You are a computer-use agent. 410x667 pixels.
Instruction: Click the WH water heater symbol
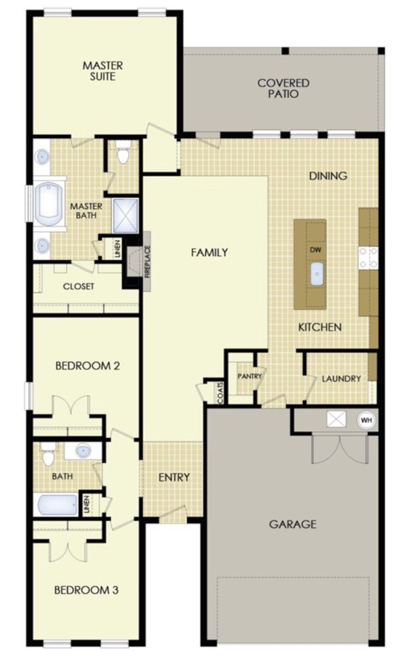pos(366,420)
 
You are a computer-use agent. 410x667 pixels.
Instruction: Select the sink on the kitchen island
pos(317,273)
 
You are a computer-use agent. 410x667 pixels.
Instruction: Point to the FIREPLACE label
pos(147,262)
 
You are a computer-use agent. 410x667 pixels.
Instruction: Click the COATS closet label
pos(220,393)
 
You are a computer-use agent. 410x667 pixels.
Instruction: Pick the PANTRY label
pos(249,376)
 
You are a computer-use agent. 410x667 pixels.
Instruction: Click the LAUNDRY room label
pos(341,379)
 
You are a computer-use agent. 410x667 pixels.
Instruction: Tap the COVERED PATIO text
pos(283,88)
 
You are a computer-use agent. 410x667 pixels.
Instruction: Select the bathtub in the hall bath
pos(56,505)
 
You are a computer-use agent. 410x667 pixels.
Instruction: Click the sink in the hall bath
pos(83,451)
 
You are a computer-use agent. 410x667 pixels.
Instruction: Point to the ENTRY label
pos(174,477)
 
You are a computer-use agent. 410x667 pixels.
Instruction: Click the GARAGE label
pos(292,524)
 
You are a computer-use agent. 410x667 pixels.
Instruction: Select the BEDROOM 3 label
pos(86,590)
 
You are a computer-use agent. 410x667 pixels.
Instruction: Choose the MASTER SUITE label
pos(102,71)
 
